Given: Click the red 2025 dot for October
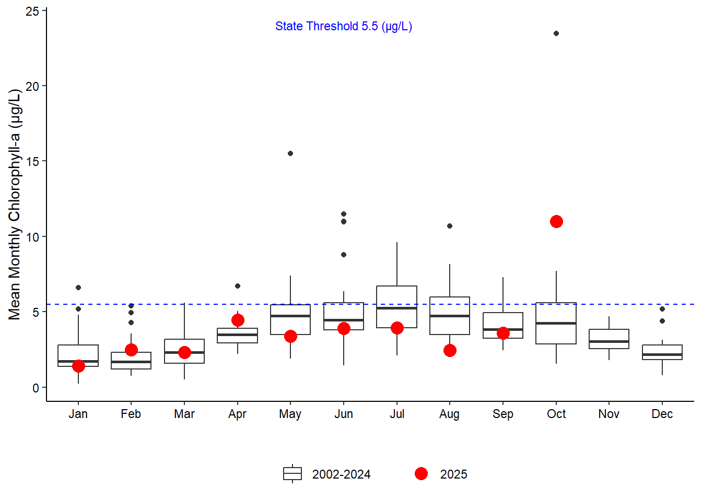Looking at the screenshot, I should pyautogui.click(x=556, y=222).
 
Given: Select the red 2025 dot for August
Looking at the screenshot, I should pyautogui.click(x=450, y=350).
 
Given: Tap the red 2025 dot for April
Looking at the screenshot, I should pyautogui.click(x=238, y=320).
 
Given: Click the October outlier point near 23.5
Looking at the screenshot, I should pyautogui.click(x=556, y=33).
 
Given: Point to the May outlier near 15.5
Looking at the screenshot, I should pyautogui.click(x=290, y=153).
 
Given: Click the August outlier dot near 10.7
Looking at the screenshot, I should pyautogui.click(x=450, y=226).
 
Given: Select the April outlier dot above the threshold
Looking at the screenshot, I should pyautogui.click(x=238, y=286).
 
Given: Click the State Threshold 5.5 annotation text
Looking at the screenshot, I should pyautogui.click(x=344, y=27).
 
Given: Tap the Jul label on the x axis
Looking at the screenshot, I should pyautogui.click(x=397, y=414).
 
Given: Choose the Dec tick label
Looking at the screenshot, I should pyautogui.click(x=662, y=414).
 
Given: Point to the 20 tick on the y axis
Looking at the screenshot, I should pyautogui.click(x=33, y=87).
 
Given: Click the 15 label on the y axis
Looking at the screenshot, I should pyautogui.click(x=33, y=162).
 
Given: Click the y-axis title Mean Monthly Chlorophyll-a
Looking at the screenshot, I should pyautogui.click(x=15, y=205).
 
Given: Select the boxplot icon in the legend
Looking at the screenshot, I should pyautogui.click(x=292, y=474).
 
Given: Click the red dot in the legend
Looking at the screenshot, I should pyautogui.click(x=421, y=474).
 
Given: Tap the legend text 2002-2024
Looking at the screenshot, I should pyautogui.click(x=341, y=474).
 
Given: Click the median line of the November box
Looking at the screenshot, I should pyautogui.click(x=609, y=341).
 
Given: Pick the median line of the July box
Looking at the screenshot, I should pyautogui.click(x=397, y=308).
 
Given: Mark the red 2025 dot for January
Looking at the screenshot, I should pyautogui.click(x=78, y=366).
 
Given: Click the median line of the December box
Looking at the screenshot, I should pyautogui.click(x=662, y=354).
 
